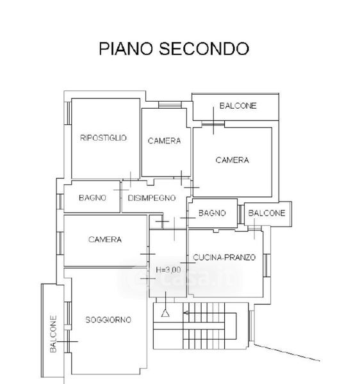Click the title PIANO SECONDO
pyautogui.click(x=174, y=49)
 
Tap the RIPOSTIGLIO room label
pyautogui.click(x=103, y=138)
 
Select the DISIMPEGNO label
pyautogui.click(x=152, y=198)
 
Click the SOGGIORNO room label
pyautogui.click(x=108, y=319)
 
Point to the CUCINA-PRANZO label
pyautogui.click(x=224, y=257)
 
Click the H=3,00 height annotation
pyautogui.click(x=168, y=270)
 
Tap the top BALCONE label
pyautogui.click(x=238, y=106)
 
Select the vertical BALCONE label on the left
pyautogui.click(x=53, y=334)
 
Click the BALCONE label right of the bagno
pyautogui.click(x=266, y=213)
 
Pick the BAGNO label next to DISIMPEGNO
pyautogui.click(x=92, y=198)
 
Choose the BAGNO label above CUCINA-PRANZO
pyautogui.click(x=212, y=213)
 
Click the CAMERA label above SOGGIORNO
pyautogui.click(x=105, y=239)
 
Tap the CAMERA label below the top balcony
pyautogui.click(x=232, y=160)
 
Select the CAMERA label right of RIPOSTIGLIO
pyautogui.click(x=164, y=141)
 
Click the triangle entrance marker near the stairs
pyautogui.click(x=165, y=313)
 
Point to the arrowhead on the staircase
pyautogui.click(x=186, y=313)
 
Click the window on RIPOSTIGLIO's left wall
pyautogui.click(x=68, y=113)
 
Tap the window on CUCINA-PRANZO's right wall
pyautogui.click(x=266, y=266)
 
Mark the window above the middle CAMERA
pyautogui.click(x=170, y=105)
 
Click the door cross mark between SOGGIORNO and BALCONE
pyautogui.click(x=67, y=341)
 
